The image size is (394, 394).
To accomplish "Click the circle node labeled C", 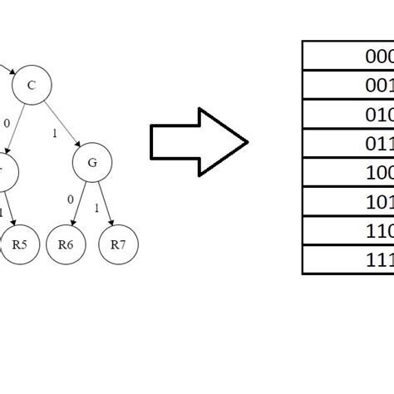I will [x=32, y=85].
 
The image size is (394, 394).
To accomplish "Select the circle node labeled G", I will [x=92, y=163].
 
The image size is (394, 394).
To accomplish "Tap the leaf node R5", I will [x=20, y=244].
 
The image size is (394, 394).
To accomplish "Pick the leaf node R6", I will [x=66, y=244].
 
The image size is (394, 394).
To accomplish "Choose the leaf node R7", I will [x=118, y=244].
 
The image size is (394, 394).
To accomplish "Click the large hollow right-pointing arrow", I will [x=198, y=141].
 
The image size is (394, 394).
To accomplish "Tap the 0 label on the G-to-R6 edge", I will [x=70, y=199].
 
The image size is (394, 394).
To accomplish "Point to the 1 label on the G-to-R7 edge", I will [x=97, y=207].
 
